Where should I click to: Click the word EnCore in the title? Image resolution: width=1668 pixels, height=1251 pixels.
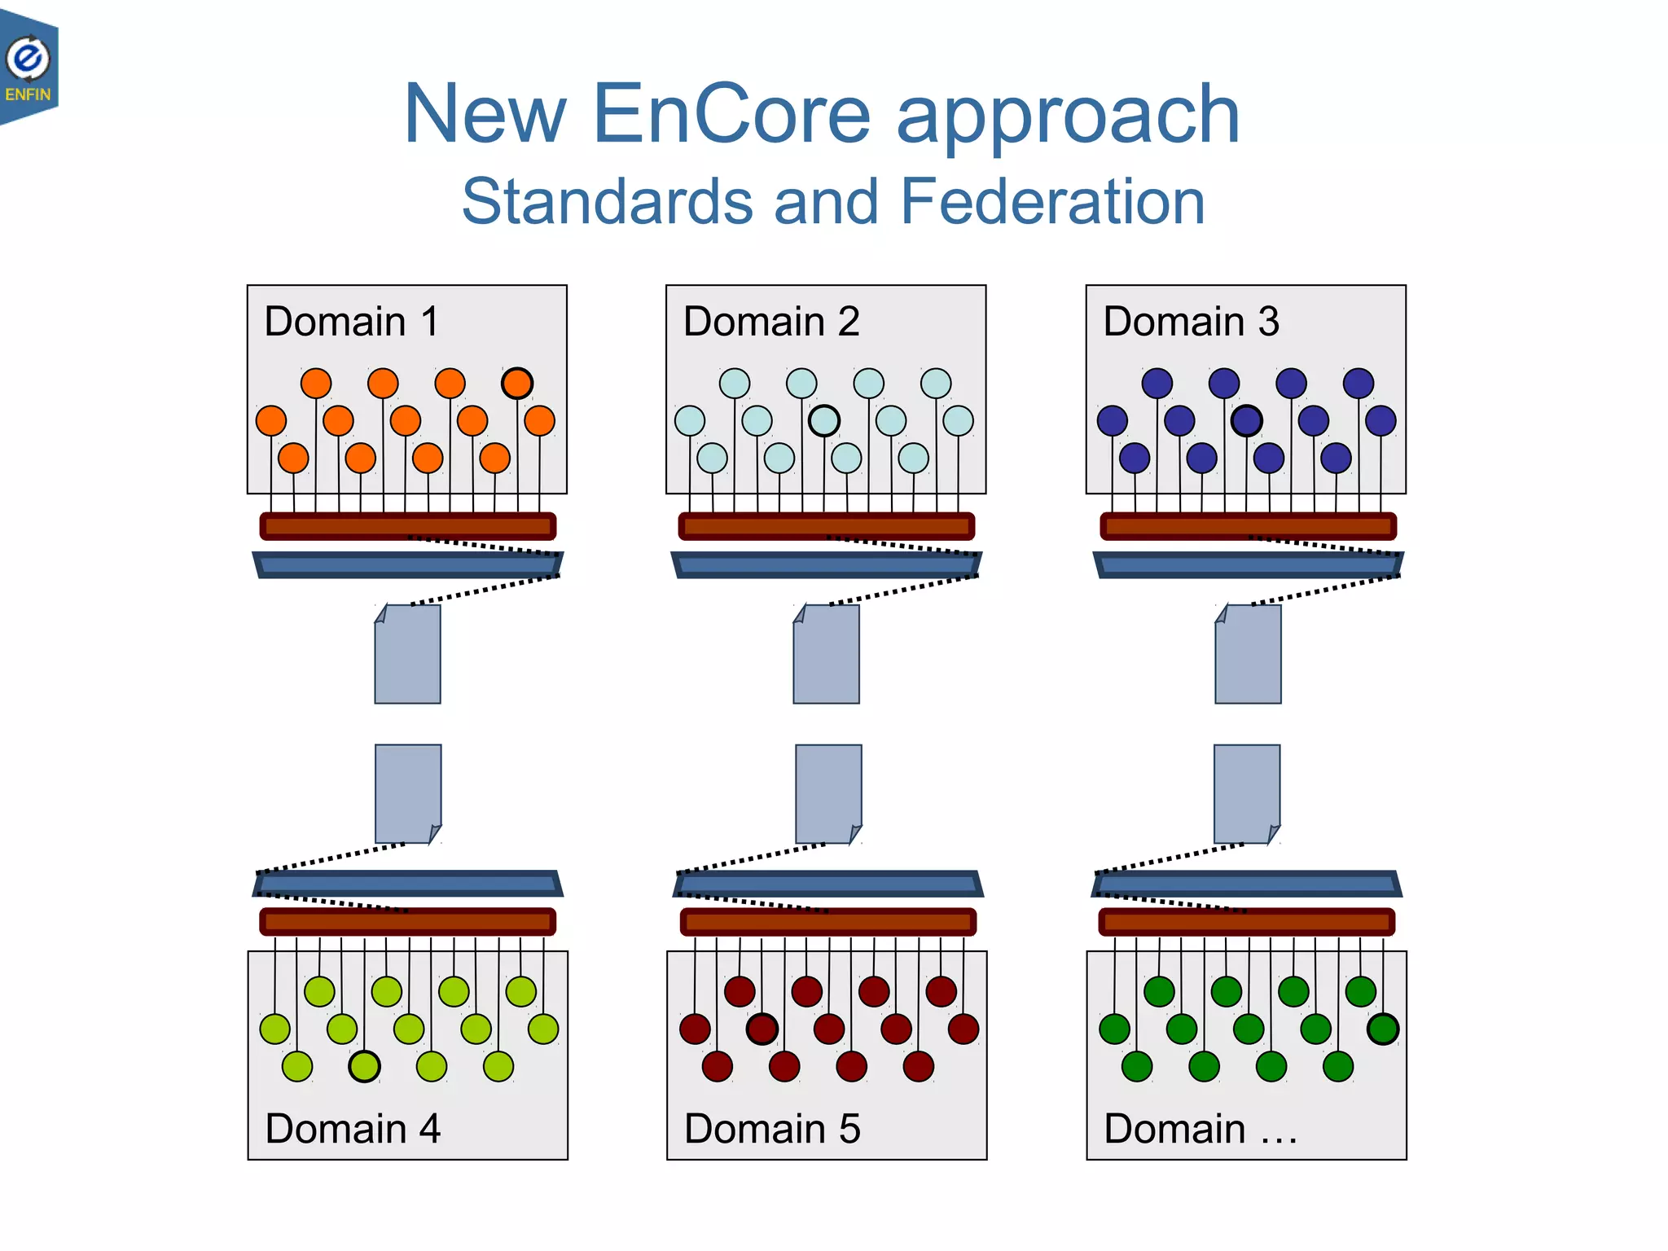click(732, 115)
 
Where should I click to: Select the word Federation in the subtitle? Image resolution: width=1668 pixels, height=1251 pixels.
click(1052, 201)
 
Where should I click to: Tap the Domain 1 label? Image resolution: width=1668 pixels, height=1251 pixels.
click(352, 321)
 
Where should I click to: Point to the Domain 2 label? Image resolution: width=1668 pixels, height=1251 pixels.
click(771, 321)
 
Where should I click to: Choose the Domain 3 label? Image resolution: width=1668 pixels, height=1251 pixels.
click(1191, 321)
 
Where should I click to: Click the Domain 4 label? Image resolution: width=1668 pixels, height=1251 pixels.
click(353, 1128)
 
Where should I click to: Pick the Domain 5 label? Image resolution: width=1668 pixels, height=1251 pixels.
click(772, 1128)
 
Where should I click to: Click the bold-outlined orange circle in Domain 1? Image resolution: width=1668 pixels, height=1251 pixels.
click(517, 383)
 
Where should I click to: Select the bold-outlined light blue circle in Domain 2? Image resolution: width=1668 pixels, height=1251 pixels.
click(824, 421)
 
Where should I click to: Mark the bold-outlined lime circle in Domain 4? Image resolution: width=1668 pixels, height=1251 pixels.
click(364, 1066)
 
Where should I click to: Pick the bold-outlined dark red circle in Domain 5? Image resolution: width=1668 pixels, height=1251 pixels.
click(762, 1029)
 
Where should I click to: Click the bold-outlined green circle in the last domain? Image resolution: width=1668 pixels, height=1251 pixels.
click(1383, 1029)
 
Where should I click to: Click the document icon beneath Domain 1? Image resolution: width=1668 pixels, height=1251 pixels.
click(408, 654)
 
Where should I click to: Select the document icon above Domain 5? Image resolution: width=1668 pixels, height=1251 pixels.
click(828, 793)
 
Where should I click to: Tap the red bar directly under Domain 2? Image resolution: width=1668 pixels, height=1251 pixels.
click(827, 526)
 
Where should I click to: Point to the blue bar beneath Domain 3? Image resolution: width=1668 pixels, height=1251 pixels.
click(1247, 564)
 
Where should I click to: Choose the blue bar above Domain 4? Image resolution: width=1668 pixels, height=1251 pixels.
click(408, 884)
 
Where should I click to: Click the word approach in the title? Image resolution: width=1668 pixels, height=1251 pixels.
click(1068, 115)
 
